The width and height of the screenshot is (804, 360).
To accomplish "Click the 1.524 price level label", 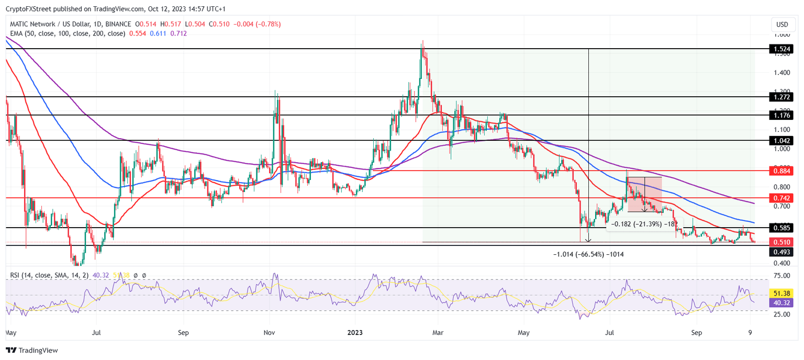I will (781, 49).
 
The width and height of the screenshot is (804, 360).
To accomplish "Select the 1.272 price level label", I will (781, 97).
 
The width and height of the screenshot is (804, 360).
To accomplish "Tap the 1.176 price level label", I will (781, 115).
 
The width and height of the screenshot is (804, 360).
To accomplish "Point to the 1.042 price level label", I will (781, 141).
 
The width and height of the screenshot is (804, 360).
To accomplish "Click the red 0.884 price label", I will (781, 171).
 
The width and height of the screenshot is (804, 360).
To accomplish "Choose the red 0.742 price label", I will (781, 198).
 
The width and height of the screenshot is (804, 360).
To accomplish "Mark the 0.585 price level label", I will (781, 228).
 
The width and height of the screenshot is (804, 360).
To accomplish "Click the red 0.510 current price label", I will (781, 242).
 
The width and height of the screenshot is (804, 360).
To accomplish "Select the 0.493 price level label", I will (781, 252).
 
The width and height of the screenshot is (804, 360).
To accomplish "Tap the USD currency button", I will (782, 25).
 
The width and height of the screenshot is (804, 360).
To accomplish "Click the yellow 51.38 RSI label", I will (781, 294).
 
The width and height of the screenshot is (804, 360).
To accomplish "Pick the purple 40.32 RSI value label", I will (781, 302).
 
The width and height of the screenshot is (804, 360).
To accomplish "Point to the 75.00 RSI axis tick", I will (781, 275).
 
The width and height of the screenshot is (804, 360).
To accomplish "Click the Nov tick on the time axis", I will (269, 332).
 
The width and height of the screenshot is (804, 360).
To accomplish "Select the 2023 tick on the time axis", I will (355, 332).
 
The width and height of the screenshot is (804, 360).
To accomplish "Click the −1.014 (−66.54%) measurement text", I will (588, 254).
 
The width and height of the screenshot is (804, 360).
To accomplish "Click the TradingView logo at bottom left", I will (32, 350).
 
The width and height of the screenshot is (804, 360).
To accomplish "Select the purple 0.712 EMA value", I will (178, 33).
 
